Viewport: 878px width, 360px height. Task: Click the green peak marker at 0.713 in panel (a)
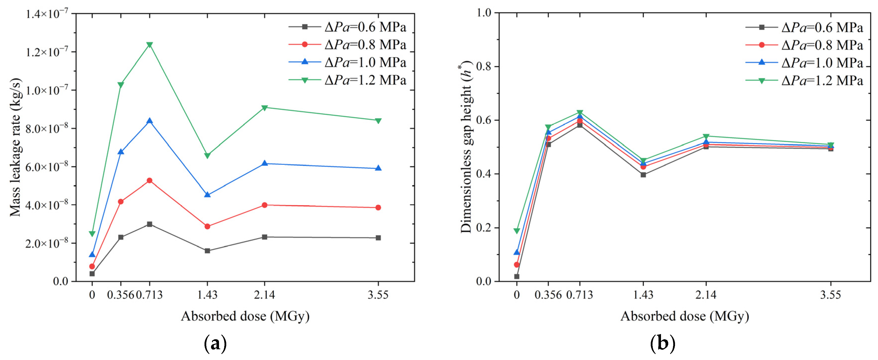tap(149, 45)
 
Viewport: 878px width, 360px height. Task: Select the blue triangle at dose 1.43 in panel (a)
tap(207, 195)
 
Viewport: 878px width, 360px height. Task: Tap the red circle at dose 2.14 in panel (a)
tap(264, 205)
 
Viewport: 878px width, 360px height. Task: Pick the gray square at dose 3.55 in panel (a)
tap(378, 237)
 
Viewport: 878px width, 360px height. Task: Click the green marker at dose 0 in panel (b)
tap(517, 231)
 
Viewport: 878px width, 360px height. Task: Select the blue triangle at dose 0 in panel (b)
tap(517, 252)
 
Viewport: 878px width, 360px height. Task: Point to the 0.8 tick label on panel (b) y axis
tap(484, 66)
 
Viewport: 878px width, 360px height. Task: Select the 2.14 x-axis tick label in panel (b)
tap(706, 294)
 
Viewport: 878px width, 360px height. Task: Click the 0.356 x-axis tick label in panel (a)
tap(120, 294)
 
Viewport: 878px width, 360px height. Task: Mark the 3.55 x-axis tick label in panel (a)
tap(378, 294)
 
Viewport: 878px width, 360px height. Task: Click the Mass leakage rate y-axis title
tap(15, 147)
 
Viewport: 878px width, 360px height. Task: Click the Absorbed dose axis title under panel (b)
tap(684, 316)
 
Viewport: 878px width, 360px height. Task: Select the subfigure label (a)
tap(215, 344)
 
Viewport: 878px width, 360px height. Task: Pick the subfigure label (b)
tap(662, 344)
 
